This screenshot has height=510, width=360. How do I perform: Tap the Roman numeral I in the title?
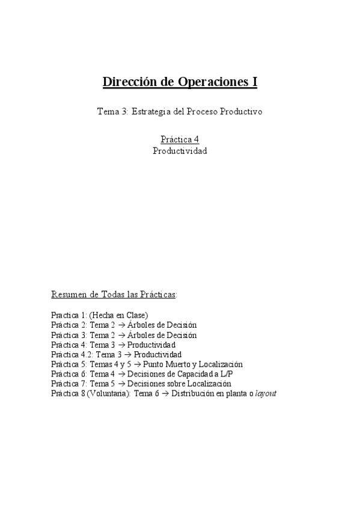point(254,82)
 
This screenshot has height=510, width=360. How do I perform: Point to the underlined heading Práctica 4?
point(180,140)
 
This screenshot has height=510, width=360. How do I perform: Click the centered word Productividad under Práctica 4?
point(180,151)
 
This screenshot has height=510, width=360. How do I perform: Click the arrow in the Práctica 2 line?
point(122,325)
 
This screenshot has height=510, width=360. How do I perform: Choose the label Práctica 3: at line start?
point(69,335)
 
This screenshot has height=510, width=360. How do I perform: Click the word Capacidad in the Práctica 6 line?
point(182,374)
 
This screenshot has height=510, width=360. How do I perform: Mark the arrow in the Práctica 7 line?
point(122,384)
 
